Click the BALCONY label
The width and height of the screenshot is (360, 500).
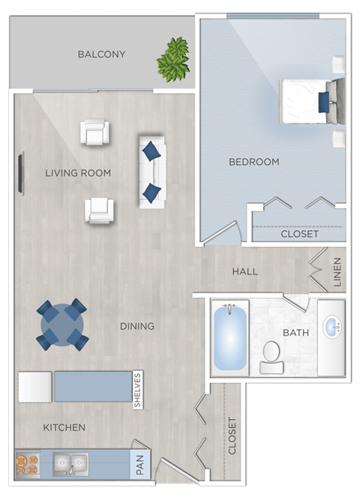pos(101,54)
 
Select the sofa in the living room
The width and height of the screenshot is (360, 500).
pos(151,171)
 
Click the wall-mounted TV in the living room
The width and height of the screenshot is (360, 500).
pos(21,174)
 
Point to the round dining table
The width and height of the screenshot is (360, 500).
pos(62,325)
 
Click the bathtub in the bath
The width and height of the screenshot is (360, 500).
pos(230,337)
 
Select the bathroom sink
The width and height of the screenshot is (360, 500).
pos(331,328)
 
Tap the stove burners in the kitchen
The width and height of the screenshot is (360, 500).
pos(28,465)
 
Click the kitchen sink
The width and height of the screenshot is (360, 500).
pos(70,465)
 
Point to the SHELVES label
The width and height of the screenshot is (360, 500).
pos(137,390)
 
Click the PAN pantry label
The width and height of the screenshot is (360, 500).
pos(139,464)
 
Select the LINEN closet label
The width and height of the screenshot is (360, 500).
pos(337,272)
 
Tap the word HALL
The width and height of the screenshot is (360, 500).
pos(245,271)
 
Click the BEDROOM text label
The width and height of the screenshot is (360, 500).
pos(253,162)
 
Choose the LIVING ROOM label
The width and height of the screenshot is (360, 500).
pos(78,173)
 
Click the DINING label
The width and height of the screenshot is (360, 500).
pos(137,326)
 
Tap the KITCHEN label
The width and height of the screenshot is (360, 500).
pos(64,427)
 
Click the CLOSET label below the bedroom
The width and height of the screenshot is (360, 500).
pos(299,234)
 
